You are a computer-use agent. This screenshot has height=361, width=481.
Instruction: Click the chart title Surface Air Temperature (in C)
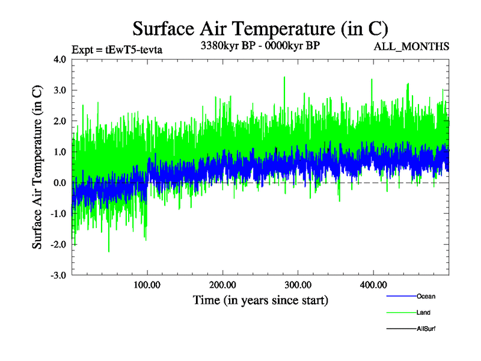(260, 28)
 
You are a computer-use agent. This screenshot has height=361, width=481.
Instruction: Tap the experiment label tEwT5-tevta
(117, 49)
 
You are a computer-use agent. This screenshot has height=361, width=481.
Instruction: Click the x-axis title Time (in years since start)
(260, 300)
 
